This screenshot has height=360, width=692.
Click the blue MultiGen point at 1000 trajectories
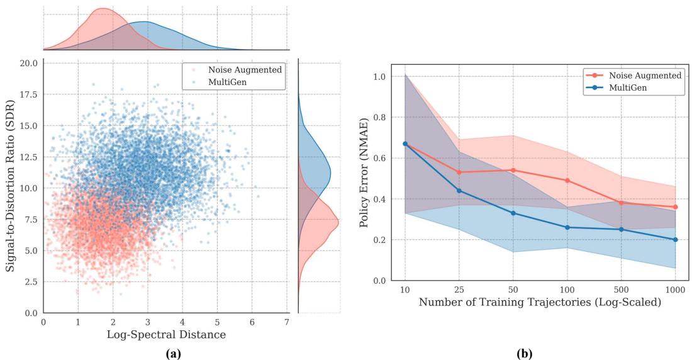(x=675, y=239)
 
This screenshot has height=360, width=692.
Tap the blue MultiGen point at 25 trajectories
(x=459, y=190)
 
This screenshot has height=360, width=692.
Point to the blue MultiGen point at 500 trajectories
(x=621, y=229)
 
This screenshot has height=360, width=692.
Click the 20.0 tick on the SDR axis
(x=28, y=64)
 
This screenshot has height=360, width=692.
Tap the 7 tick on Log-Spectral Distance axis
(x=287, y=322)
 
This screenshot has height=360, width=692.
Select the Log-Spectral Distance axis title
(x=166, y=334)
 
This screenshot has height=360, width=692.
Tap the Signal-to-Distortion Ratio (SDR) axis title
(x=11, y=188)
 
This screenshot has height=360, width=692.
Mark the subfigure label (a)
(x=173, y=354)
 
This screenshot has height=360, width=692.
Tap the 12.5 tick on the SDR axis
(x=28, y=157)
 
